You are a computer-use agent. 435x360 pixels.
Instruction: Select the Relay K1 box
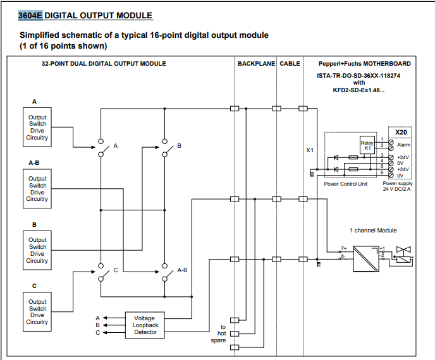[x=367, y=145]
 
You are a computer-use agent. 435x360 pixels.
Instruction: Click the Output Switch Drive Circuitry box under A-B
[x=37, y=188]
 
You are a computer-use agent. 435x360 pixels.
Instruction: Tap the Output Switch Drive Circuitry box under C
[x=37, y=311]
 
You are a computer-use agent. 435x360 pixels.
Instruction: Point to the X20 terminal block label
[x=400, y=132]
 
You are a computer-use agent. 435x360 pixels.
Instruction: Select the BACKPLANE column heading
[x=255, y=64]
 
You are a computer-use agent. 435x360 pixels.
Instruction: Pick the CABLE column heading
[x=290, y=64]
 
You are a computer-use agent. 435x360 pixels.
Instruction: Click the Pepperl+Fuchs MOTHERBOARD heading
[x=365, y=64]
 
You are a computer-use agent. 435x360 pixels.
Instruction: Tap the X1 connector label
[x=310, y=150]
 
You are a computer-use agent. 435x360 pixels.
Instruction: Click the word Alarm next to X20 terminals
[x=404, y=145]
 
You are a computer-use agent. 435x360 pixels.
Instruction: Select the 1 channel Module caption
[x=373, y=231]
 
